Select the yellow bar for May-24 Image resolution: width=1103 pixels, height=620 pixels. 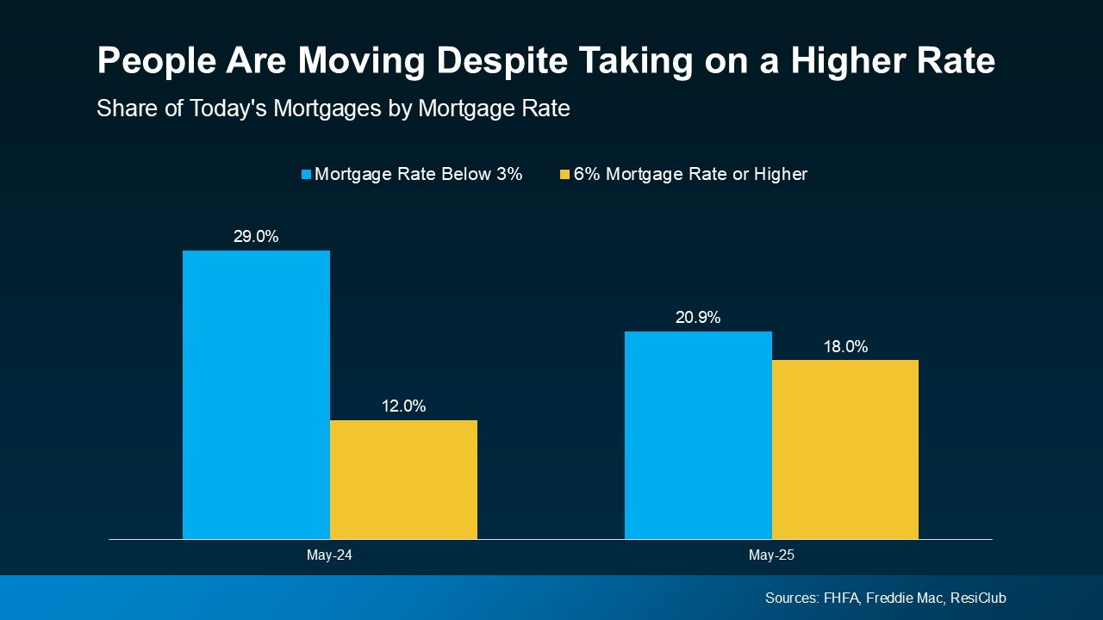403,480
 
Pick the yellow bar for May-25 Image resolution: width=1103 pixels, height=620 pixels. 845,449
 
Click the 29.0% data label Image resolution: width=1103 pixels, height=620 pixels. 256,236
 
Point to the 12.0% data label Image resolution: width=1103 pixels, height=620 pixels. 403,406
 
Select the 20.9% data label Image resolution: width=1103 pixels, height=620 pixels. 698,317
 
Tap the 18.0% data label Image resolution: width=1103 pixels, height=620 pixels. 845,346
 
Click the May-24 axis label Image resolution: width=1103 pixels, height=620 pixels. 329,555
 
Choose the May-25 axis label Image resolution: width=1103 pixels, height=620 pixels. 771,555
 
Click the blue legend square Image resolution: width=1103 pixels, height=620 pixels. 306,175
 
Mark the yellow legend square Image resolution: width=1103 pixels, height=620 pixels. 565,175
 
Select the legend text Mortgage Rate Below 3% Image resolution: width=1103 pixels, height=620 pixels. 419,174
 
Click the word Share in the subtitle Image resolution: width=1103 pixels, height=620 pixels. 122,109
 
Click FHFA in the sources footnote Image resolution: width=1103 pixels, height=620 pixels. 841,598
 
